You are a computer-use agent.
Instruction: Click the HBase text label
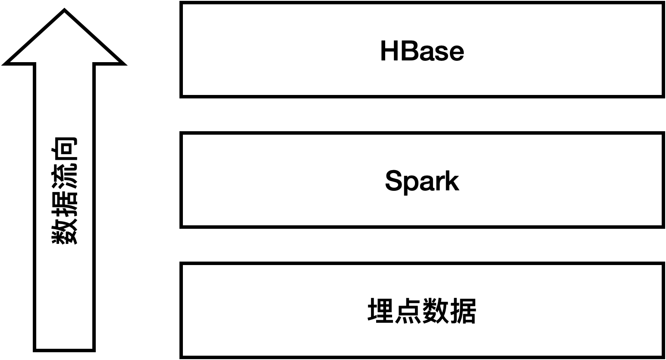pyautogui.click(x=422, y=51)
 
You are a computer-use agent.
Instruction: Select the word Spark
pyautogui.click(x=422, y=181)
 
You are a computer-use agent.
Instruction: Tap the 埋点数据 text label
pyautogui.click(x=422, y=311)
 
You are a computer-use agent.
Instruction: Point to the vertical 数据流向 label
pyautogui.click(x=65, y=191)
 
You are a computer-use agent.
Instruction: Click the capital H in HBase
pyautogui.click(x=390, y=51)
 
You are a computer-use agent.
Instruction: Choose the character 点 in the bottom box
pyautogui.click(x=408, y=311)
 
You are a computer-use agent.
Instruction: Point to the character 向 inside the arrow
pyautogui.click(x=65, y=150)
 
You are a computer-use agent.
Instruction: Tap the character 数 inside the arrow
pyautogui.click(x=65, y=231)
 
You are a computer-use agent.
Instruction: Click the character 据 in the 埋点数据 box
pyautogui.click(x=463, y=311)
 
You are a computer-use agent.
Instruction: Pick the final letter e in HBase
pyautogui.click(x=456, y=53)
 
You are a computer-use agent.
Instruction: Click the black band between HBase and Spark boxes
pyautogui.click(x=422, y=115)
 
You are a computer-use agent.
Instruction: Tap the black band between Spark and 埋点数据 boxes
pyautogui.click(x=422, y=245)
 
